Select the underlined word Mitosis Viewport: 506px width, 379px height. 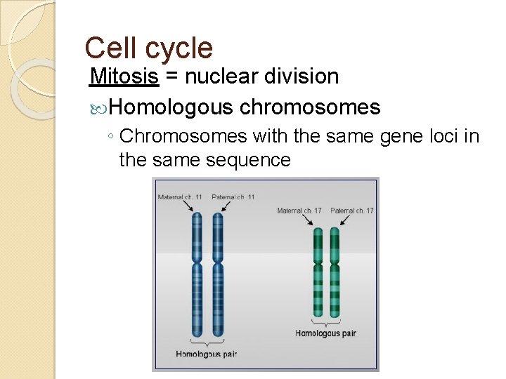tap(124, 76)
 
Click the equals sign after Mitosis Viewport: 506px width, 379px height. tap(171, 77)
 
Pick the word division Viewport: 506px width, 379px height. tap(304, 76)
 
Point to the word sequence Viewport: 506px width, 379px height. tap(248, 160)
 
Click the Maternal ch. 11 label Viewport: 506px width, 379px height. tap(180, 197)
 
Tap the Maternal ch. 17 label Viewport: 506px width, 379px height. tap(300, 211)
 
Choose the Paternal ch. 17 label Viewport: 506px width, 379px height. tap(352, 211)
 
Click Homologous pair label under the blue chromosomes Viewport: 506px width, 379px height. tap(207, 353)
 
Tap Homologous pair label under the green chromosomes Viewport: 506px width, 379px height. tap(326, 333)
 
